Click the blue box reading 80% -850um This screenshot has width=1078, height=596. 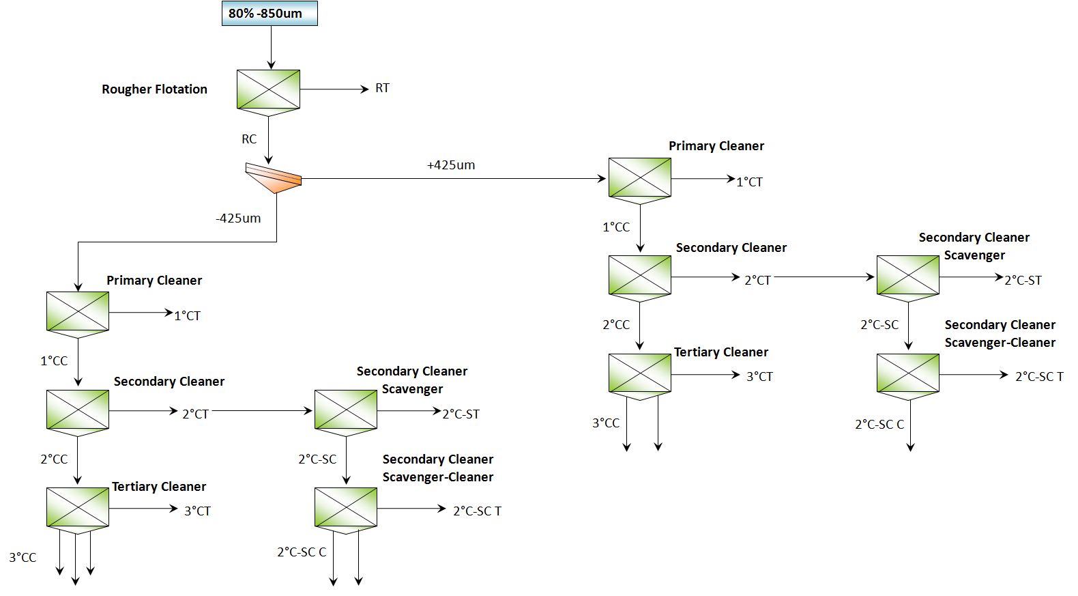(269, 14)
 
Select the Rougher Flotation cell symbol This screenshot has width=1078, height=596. (268, 89)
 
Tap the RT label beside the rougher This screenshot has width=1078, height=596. (382, 88)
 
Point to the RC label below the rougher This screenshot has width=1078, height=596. (249, 139)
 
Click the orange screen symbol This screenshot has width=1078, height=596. (274, 178)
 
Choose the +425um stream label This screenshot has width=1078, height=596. (451, 165)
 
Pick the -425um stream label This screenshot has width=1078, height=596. (238, 218)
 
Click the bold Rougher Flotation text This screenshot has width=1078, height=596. (154, 89)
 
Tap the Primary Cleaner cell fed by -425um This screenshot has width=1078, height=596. (78, 312)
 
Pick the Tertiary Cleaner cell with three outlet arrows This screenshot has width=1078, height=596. (78, 508)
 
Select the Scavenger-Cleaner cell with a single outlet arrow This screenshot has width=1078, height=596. (907, 374)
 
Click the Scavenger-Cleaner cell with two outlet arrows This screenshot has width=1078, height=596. (346, 508)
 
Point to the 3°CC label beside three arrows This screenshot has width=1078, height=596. (23, 558)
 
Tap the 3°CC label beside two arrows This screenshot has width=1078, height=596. (606, 423)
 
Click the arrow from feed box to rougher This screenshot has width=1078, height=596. (271, 48)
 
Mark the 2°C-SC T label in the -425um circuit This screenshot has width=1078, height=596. (477, 511)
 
